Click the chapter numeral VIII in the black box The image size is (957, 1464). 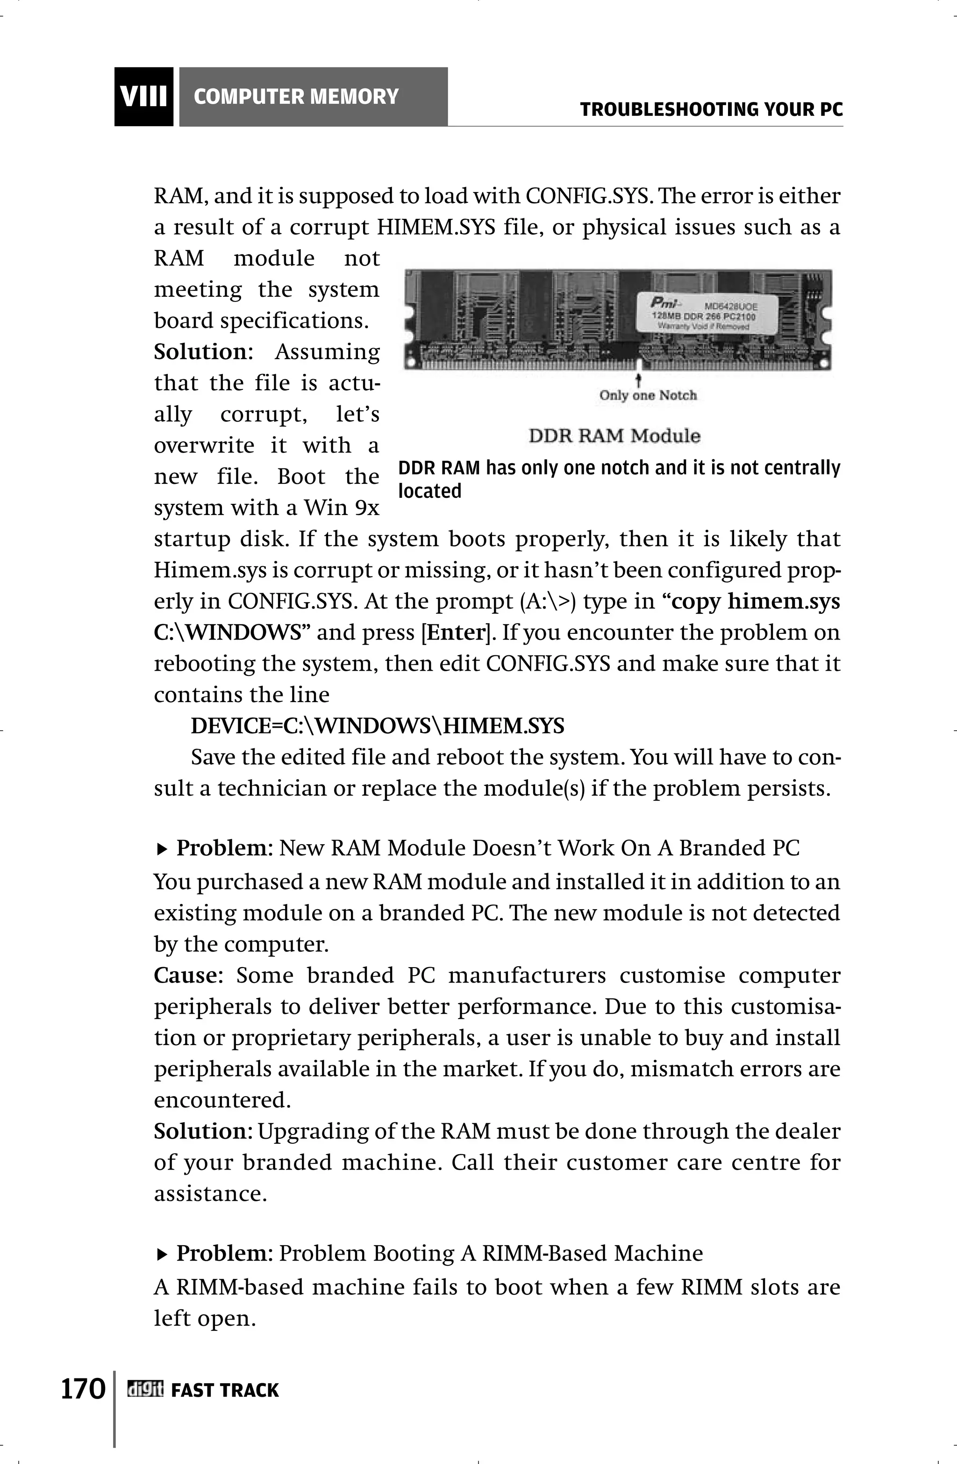tap(144, 97)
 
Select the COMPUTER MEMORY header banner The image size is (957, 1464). tap(313, 97)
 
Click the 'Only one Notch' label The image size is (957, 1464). tap(648, 395)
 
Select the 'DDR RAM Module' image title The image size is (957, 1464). tap(614, 436)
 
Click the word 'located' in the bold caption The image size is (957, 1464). tap(429, 491)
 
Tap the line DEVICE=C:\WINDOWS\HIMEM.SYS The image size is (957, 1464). tap(377, 726)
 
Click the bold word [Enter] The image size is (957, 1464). tap(456, 632)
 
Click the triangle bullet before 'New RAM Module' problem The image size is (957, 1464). tap(162, 849)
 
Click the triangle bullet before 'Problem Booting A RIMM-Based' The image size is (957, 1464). tap(162, 1254)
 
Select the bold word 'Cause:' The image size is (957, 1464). tap(187, 976)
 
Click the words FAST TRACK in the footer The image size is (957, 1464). tap(225, 1390)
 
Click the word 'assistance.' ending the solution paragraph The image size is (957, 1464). tap(210, 1193)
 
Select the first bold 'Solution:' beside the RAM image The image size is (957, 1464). tap(202, 352)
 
